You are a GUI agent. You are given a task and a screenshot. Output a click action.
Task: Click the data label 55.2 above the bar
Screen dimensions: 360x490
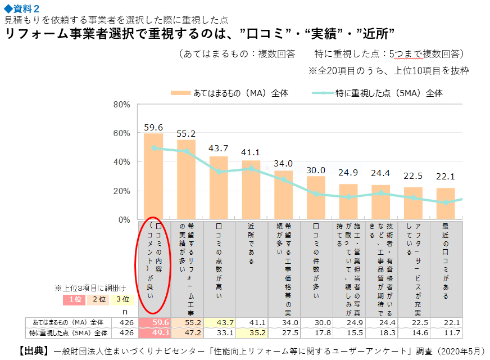[186, 134]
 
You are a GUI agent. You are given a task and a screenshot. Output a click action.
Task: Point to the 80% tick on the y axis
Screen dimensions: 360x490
[122, 105]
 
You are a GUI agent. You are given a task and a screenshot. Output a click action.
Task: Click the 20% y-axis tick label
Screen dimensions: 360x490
[122, 191]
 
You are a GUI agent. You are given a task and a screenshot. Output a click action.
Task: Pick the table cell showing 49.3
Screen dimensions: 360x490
[153, 332]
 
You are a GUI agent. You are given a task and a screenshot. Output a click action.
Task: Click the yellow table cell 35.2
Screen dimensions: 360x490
[251, 332]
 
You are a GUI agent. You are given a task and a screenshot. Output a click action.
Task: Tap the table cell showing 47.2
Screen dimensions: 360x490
[186, 332]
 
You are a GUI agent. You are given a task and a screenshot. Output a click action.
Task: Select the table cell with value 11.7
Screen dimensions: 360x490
[446, 332]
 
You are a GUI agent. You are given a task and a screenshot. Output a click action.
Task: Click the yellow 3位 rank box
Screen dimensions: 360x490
[121, 300]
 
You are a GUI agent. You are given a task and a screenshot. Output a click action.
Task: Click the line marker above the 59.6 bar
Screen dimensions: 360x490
[153, 148]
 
